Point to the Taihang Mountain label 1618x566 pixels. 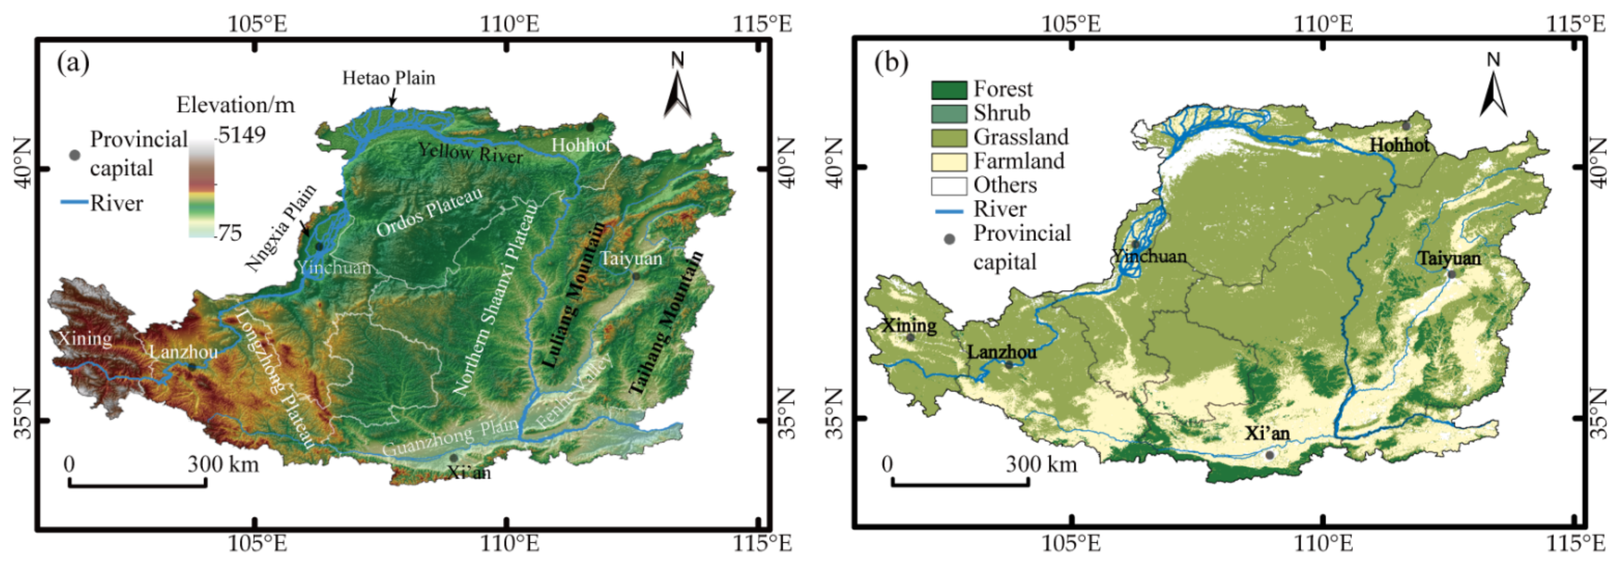point(667,323)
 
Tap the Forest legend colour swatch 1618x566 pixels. point(948,90)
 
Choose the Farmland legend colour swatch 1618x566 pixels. point(948,162)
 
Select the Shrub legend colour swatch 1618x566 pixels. point(948,114)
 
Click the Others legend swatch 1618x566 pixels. point(948,186)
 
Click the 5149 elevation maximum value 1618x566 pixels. point(242,134)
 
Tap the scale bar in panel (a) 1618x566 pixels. point(137,482)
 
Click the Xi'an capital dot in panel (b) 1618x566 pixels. point(1269,455)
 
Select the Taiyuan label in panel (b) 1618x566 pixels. point(1448,258)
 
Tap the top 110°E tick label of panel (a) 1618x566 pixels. point(509,24)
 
